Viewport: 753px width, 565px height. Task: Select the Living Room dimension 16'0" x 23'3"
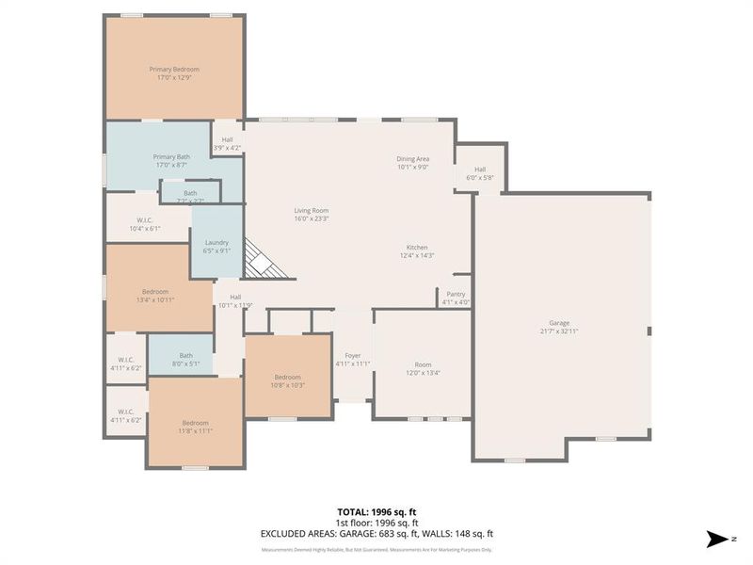311,218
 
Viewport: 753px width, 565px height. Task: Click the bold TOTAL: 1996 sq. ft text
376,513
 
